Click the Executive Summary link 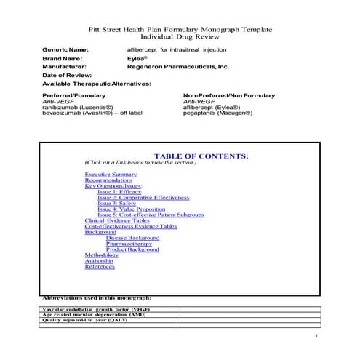pyautogui.click(x=111, y=175)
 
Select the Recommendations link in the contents pyautogui.click(x=108, y=180)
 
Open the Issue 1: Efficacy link pyautogui.click(x=119, y=191)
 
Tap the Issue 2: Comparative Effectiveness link pyautogui.click(x=143, y=197)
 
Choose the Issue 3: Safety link pyautogui.click(x=116, y=204)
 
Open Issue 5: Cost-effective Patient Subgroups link pyautogui.click(x=151, y=215)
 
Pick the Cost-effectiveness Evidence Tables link pyautogui.click(x=130, y=226)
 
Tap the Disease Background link pyautogui.click(x=132, y=238)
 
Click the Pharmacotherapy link pyautogui.click(x=129, y=244)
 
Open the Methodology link pyautogui.click(x=101, y=255)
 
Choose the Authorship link pyautogui.click(x=99, y=261)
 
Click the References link pyautogui.click(x=100, y=267)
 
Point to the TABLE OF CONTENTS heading pyautogui.click(x=201, y=156)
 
